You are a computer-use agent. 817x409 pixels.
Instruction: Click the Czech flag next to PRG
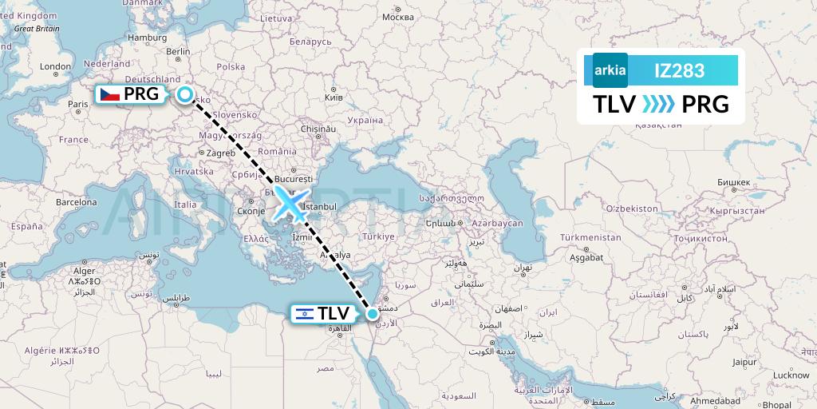[x=109, y=94]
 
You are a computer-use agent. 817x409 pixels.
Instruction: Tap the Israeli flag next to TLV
[x=304, y=314]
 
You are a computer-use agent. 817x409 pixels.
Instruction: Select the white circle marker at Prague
[x=185, y=95]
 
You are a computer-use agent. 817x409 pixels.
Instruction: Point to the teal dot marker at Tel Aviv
[x=373, y=314]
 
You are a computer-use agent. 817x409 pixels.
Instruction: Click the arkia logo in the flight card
[x=610, y=70]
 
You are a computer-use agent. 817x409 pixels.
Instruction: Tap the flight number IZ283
[x=679, y=70]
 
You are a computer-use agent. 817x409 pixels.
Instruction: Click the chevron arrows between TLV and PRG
[x=658, y=104]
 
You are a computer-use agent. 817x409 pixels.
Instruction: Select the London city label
[x=56, y=67]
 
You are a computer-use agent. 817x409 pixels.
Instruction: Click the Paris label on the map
[x=78, y=104]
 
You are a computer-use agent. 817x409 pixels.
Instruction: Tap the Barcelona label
[x=76, y=203]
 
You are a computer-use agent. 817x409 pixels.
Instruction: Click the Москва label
[x=397, y=16]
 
